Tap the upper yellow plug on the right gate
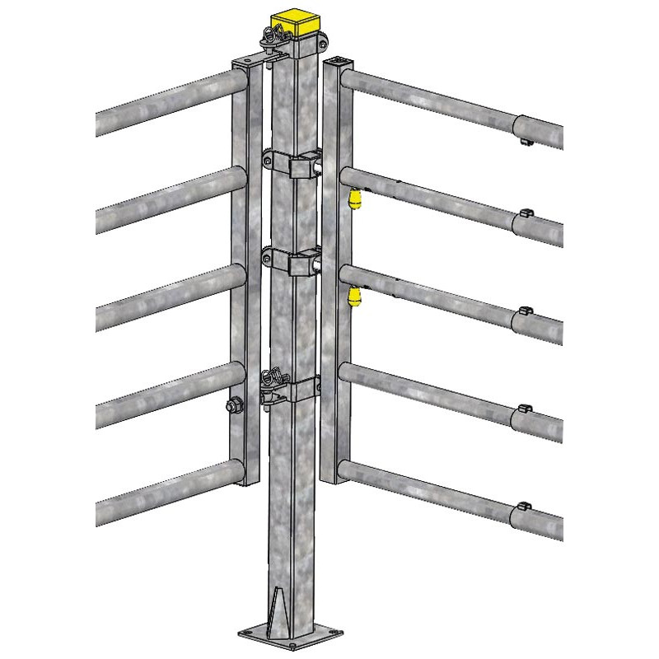[x=356, y=200]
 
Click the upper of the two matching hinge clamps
[x=297, y=164]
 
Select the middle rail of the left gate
[x=165, y=296]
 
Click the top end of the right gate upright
[x=337, y=63]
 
